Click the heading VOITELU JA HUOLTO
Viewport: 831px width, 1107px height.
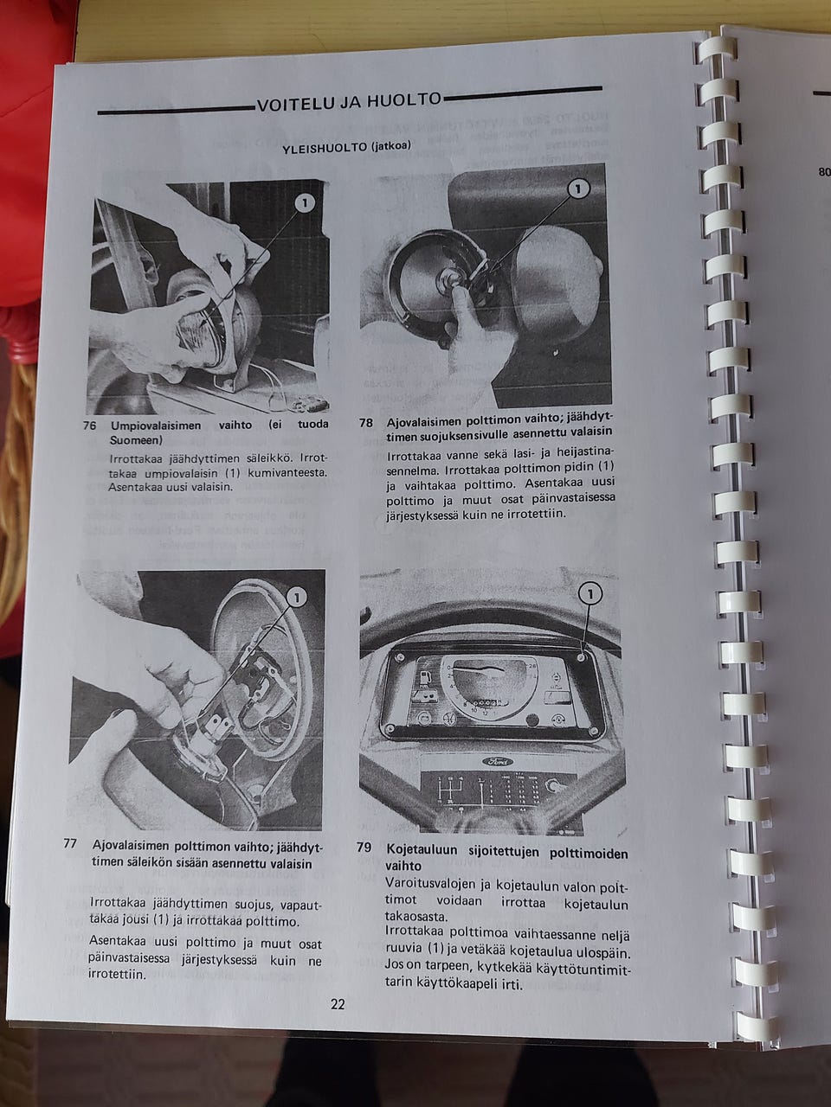[349, 102]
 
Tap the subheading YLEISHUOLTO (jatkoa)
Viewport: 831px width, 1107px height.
[346, 149]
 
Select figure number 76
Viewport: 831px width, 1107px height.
[89, 426]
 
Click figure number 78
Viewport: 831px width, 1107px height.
[366, 423]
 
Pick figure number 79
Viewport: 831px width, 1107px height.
[364, 848]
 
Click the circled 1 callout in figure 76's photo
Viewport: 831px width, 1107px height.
[304, 203]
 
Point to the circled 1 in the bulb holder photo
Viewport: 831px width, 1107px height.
[578, 189]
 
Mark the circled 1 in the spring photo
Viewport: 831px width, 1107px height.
[296, 598]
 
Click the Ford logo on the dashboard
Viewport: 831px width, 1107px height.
[497, 762]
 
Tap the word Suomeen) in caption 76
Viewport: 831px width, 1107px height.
[136, 440]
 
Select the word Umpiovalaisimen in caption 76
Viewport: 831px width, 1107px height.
[156, 426]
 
